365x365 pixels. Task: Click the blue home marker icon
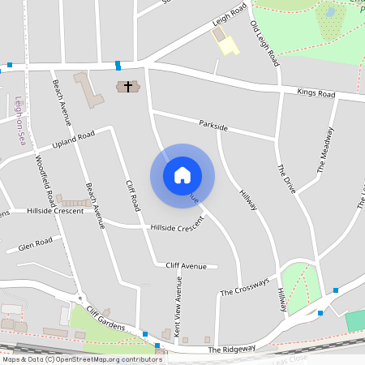click(182, 175)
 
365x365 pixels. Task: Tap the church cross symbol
click(127, 86)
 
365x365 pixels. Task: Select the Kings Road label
click(316, 93)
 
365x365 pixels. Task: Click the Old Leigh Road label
click(265, 44)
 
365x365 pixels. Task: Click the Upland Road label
click(74, 140)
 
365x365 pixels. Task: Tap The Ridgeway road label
click(231, 349)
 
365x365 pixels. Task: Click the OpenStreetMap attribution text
click(82, 359)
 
